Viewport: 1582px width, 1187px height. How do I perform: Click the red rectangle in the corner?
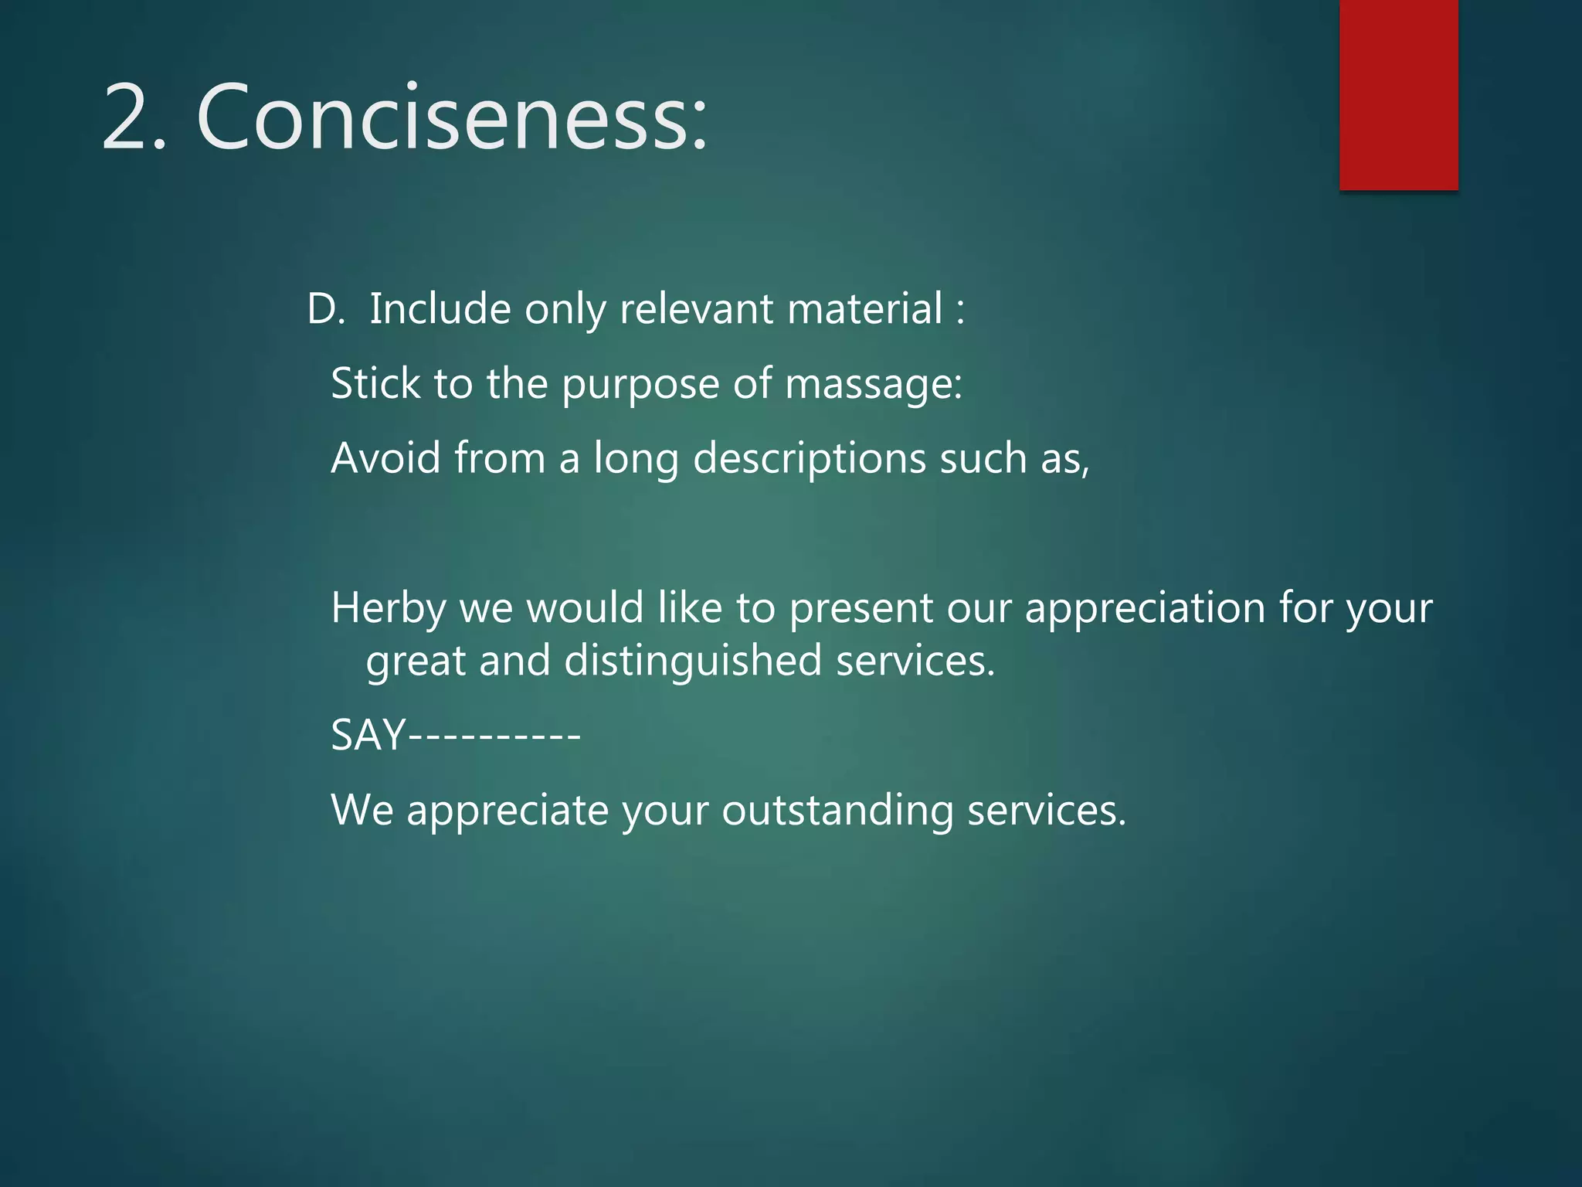tap(1398, 94)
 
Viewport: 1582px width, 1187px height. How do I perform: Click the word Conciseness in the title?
tap(452, 118)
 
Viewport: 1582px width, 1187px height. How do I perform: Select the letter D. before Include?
tap(325, 309)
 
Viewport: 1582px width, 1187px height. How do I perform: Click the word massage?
tap(873, 384)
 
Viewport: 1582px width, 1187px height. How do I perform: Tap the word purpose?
tap(640, 384)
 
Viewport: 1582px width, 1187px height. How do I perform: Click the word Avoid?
tap(385, 457)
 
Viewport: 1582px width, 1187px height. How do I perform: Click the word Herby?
tap(389, 608)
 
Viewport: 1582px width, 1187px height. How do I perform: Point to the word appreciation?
tap(1144, 608)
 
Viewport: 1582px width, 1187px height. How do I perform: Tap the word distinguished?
tap(693, 662)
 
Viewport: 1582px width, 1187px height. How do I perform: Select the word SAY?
tap(368, 735)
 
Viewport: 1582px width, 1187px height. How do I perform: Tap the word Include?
tap(440, 309)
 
